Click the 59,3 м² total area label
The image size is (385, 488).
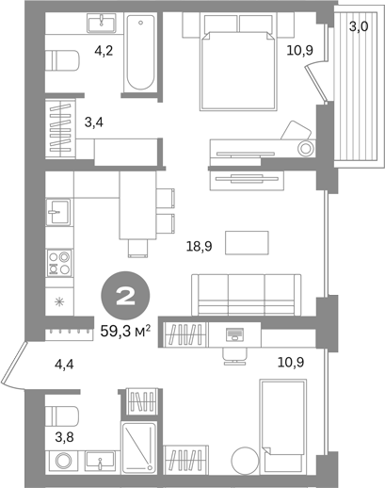(125, 331)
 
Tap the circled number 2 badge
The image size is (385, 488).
(125, 296)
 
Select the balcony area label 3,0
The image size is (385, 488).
(359, 27)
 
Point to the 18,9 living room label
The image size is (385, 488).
(199, 247)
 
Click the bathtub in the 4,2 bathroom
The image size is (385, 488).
(140, 53)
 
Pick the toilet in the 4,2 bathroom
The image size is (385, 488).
(61, 60)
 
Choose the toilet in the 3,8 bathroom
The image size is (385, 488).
(61, 416)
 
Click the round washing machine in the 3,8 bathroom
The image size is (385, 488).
(64, 461)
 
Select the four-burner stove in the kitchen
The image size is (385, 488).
(59, 263)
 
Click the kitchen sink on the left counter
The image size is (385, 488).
(58, 212)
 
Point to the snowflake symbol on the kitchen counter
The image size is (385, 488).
(59, 302)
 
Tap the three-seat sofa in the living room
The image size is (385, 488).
(247, 295)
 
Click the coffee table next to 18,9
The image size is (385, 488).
(247, 243)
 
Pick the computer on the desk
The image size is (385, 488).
(234, 333)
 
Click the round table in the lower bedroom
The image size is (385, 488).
(245, 461)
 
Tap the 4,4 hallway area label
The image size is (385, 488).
(64, 365)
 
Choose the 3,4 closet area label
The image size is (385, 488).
(94, 122)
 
